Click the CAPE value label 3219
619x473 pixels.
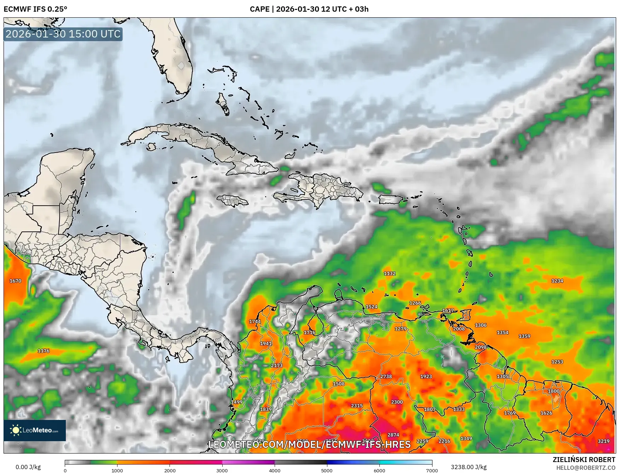603,441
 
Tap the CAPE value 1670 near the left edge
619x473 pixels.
15,281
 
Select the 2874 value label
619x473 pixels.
393,435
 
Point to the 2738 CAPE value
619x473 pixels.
386,376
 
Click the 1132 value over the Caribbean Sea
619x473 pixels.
390,273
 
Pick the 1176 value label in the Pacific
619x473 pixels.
44,351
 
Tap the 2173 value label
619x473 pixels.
276,365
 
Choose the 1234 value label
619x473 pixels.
557,281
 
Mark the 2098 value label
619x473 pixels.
480,347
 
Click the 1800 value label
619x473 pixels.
554,391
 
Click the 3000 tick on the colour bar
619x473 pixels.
222,471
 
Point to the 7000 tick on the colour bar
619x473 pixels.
432,471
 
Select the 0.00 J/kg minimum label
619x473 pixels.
28,467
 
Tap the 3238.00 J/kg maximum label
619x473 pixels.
468,467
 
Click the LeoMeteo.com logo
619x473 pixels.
35,430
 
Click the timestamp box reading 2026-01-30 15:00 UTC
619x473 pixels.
63,34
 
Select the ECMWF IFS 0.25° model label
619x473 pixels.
35,9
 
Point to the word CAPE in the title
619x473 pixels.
259,9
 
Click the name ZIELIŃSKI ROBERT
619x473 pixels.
584,460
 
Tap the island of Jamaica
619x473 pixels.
233,201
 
